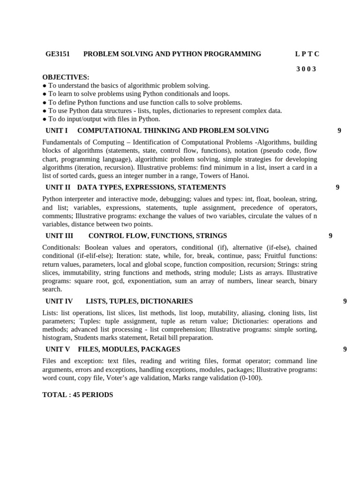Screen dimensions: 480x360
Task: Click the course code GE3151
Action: [58, 54]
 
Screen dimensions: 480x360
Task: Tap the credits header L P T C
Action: [307, 54]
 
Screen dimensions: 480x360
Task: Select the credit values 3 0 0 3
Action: [306, 69]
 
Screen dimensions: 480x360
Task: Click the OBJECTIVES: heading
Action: [66, 77]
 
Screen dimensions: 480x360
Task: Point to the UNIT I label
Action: [57, 131]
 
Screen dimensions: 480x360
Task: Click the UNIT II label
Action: [58, 187]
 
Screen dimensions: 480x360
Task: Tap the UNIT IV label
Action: [59, 301]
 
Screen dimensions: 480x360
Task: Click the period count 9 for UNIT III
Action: [330, 236]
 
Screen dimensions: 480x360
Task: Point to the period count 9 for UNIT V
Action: [345, 349]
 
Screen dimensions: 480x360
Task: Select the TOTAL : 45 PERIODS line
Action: [78, 395]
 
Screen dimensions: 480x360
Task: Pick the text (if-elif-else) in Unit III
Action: [92, 256]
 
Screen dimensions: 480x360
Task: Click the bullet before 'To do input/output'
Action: [45, 119]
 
